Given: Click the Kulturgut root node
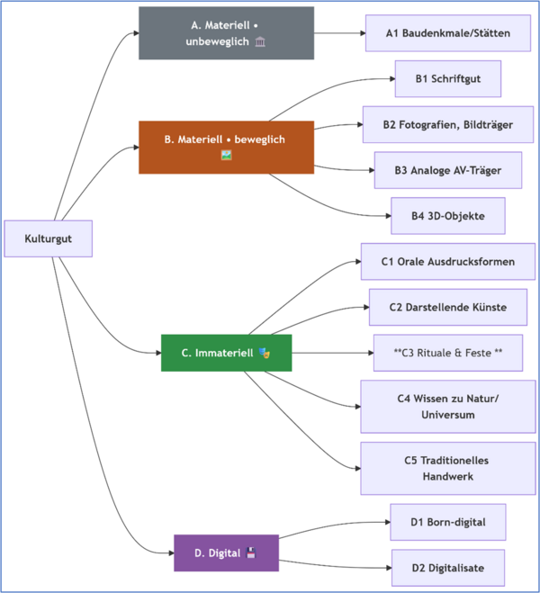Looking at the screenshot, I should (49, 238).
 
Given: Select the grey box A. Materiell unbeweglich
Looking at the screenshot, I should (226, 33).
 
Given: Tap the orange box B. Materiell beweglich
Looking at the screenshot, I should (226, 147).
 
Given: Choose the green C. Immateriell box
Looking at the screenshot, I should (226, 353).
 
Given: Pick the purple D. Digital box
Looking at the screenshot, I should (226, 553).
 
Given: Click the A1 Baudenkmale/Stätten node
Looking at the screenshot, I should (447, 33).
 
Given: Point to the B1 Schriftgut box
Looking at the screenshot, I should (447, 79).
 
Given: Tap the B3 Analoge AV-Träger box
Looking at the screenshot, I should (447, 170).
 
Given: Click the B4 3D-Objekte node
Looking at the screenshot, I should (447, 216).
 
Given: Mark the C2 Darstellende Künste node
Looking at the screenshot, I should (447, 307).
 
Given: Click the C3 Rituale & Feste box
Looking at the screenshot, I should (447, 353).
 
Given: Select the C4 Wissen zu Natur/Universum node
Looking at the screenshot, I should (447, 406).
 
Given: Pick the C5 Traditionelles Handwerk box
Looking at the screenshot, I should (447, 468).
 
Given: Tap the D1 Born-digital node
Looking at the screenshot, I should (447, 522).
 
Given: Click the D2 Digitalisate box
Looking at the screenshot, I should (447, 568).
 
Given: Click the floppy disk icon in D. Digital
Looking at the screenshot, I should (250, 553).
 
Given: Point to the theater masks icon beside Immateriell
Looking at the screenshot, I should (264, 353).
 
